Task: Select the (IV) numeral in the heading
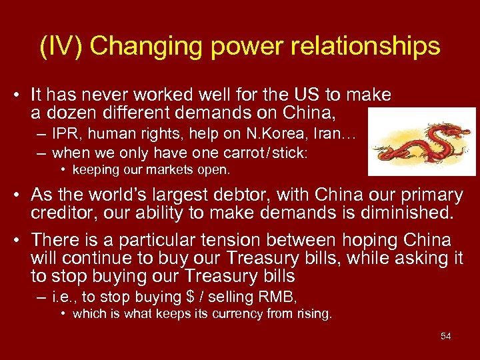pyautogui.click(x=61, y=46)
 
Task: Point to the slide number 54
pyautogui.click(x=445, y=336)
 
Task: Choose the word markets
pyautogui.click(x=151, y=169)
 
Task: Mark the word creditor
pyautogui.click(x=61, y=213)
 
